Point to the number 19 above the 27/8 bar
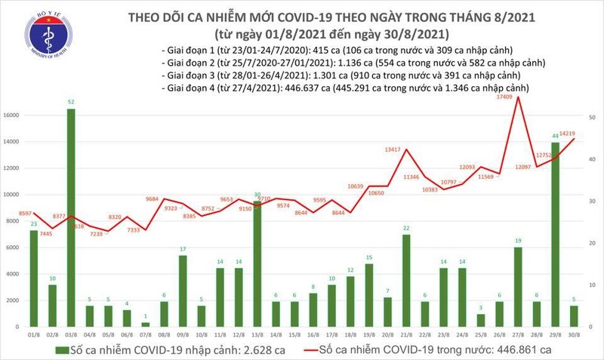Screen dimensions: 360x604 click(x=517, y=242)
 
